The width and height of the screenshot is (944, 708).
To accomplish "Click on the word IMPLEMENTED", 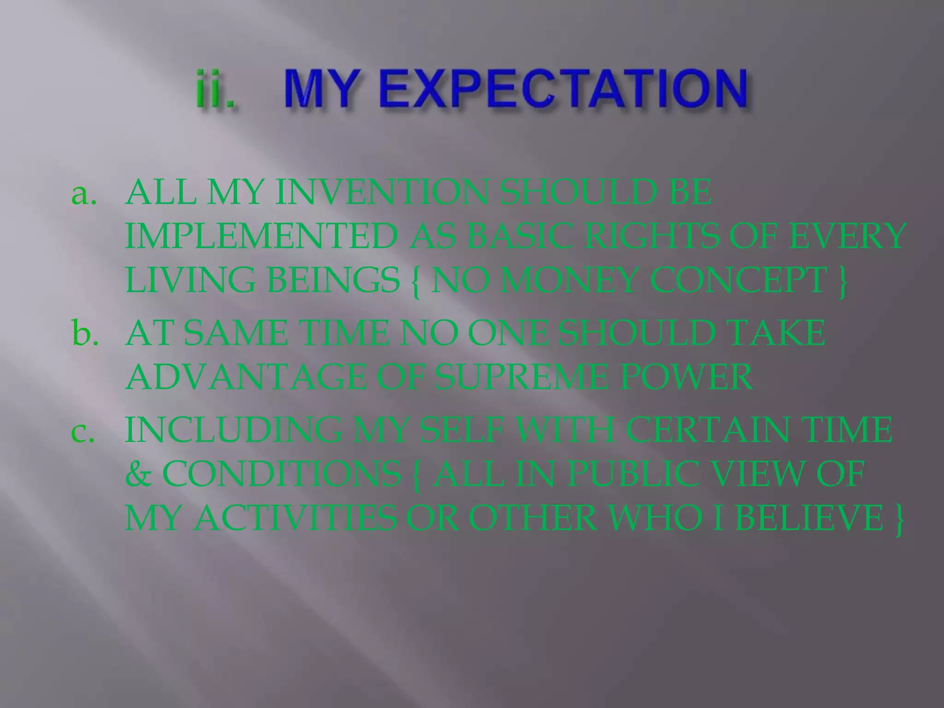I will point(261,236).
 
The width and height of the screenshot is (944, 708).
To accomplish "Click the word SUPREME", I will point(521,378).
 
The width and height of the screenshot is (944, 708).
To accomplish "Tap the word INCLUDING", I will point(232,430).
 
